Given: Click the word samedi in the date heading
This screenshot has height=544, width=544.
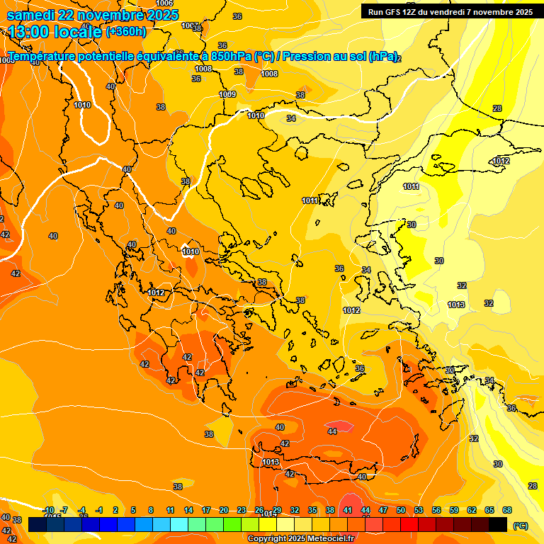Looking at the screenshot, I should [x=31, y=15].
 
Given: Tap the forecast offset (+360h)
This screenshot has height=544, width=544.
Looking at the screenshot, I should [x=127, y=31].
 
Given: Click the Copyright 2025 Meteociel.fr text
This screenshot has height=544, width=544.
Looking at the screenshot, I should [x=301, y=538].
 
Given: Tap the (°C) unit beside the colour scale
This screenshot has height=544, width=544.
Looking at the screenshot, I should [x=521, y=526].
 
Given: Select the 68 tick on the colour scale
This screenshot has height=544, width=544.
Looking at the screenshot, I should [x=507, y=510].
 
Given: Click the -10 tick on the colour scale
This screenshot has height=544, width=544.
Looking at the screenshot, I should [x=48, y=510].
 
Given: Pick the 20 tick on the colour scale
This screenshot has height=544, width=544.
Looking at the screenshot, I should [x=224, y=510].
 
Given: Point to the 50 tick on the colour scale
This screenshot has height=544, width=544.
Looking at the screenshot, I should [x=401, y=510].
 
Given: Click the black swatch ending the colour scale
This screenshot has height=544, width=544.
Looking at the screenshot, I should [x=498, y=524].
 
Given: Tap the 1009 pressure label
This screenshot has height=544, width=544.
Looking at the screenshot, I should [x=227, y=94].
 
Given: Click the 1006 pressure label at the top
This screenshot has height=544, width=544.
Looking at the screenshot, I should [x=164, y=4].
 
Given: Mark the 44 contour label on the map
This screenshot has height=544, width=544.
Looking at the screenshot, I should [x=332, y=431].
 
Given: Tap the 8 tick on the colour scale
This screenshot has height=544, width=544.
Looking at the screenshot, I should [x=151, y=510].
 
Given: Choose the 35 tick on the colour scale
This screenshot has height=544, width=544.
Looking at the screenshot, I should [x=312, y=510].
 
